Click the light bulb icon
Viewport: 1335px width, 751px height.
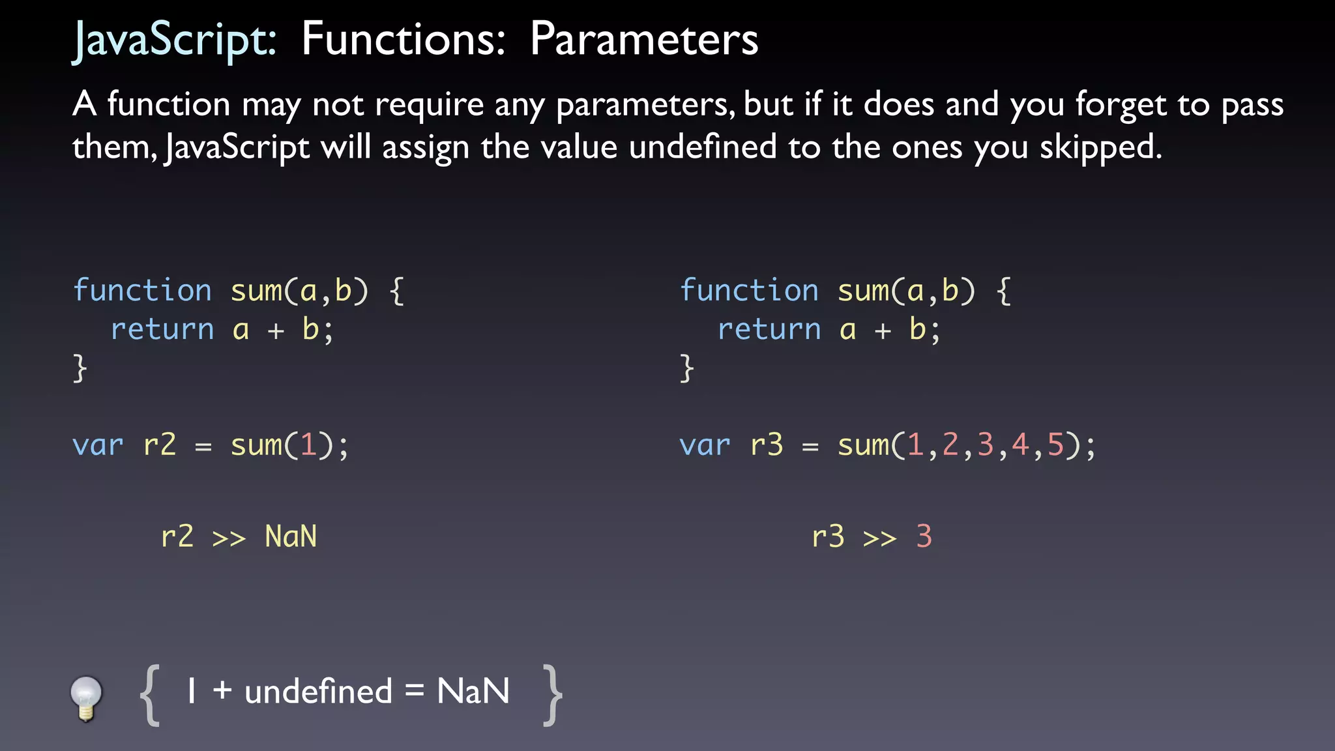point(86,698)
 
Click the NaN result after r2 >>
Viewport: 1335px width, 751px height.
point(291,537)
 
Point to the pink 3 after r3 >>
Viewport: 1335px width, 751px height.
point(924,537)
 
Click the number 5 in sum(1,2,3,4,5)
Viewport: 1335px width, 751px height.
point(1055,446)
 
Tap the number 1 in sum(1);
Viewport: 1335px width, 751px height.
point(308,446)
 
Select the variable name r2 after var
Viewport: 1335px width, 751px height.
point(160,446)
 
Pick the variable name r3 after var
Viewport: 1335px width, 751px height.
point(767,446)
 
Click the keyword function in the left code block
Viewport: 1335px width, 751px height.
point(142,291)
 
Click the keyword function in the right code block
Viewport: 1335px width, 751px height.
point(749,291)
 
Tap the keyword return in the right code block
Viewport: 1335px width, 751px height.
point(769,330)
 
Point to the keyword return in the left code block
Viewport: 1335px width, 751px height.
point(162,330)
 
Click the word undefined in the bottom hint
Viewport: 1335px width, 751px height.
point(318,692)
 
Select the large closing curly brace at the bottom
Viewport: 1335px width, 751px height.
point(553,695)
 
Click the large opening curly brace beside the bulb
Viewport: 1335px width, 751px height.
point(150,695)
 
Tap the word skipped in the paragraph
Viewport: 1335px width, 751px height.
point(1100,147)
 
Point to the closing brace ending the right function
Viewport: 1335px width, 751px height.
point(686,368)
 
